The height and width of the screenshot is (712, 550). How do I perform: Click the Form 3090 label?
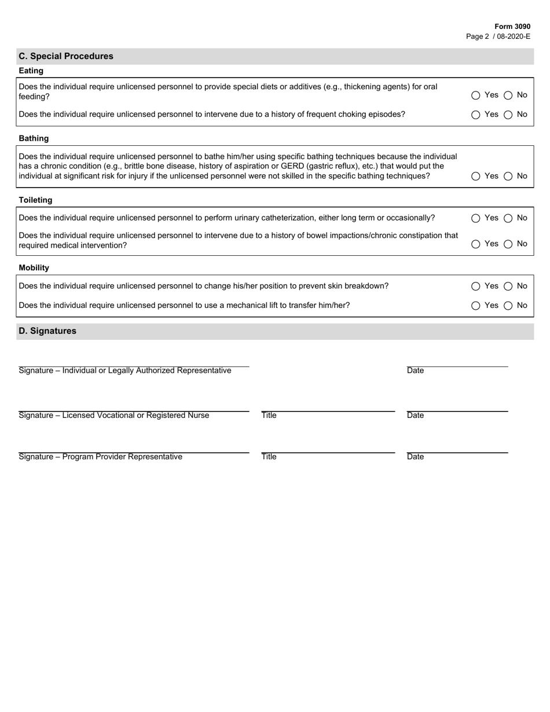[x=512, y=27]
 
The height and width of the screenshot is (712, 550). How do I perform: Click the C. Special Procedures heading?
[x=66, y=56]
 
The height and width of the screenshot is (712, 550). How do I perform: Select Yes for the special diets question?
[x=476, y=96]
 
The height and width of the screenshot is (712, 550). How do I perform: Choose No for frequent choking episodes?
[x=508, y=115]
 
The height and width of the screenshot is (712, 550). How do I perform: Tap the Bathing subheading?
[x=34, y=138]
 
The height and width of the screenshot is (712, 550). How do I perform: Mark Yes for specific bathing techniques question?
[x=476, y=176]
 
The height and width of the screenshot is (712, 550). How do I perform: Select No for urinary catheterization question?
[x=508, y=218]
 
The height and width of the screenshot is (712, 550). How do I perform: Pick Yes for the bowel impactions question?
[x=476, y=244]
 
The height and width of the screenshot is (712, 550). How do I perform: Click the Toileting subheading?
[x=35, y=200]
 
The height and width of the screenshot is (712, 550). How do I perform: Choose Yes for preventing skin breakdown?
[x=476, y=286]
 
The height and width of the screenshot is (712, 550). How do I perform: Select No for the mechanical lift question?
[x=508, y=306]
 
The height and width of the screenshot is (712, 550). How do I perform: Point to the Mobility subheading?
[x=34, y=267]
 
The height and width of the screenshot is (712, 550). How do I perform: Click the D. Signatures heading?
[x=47, y=331]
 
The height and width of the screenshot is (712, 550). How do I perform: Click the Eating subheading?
[x=31, y=71]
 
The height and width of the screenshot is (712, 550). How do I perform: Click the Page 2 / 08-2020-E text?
[x=498, y=36]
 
